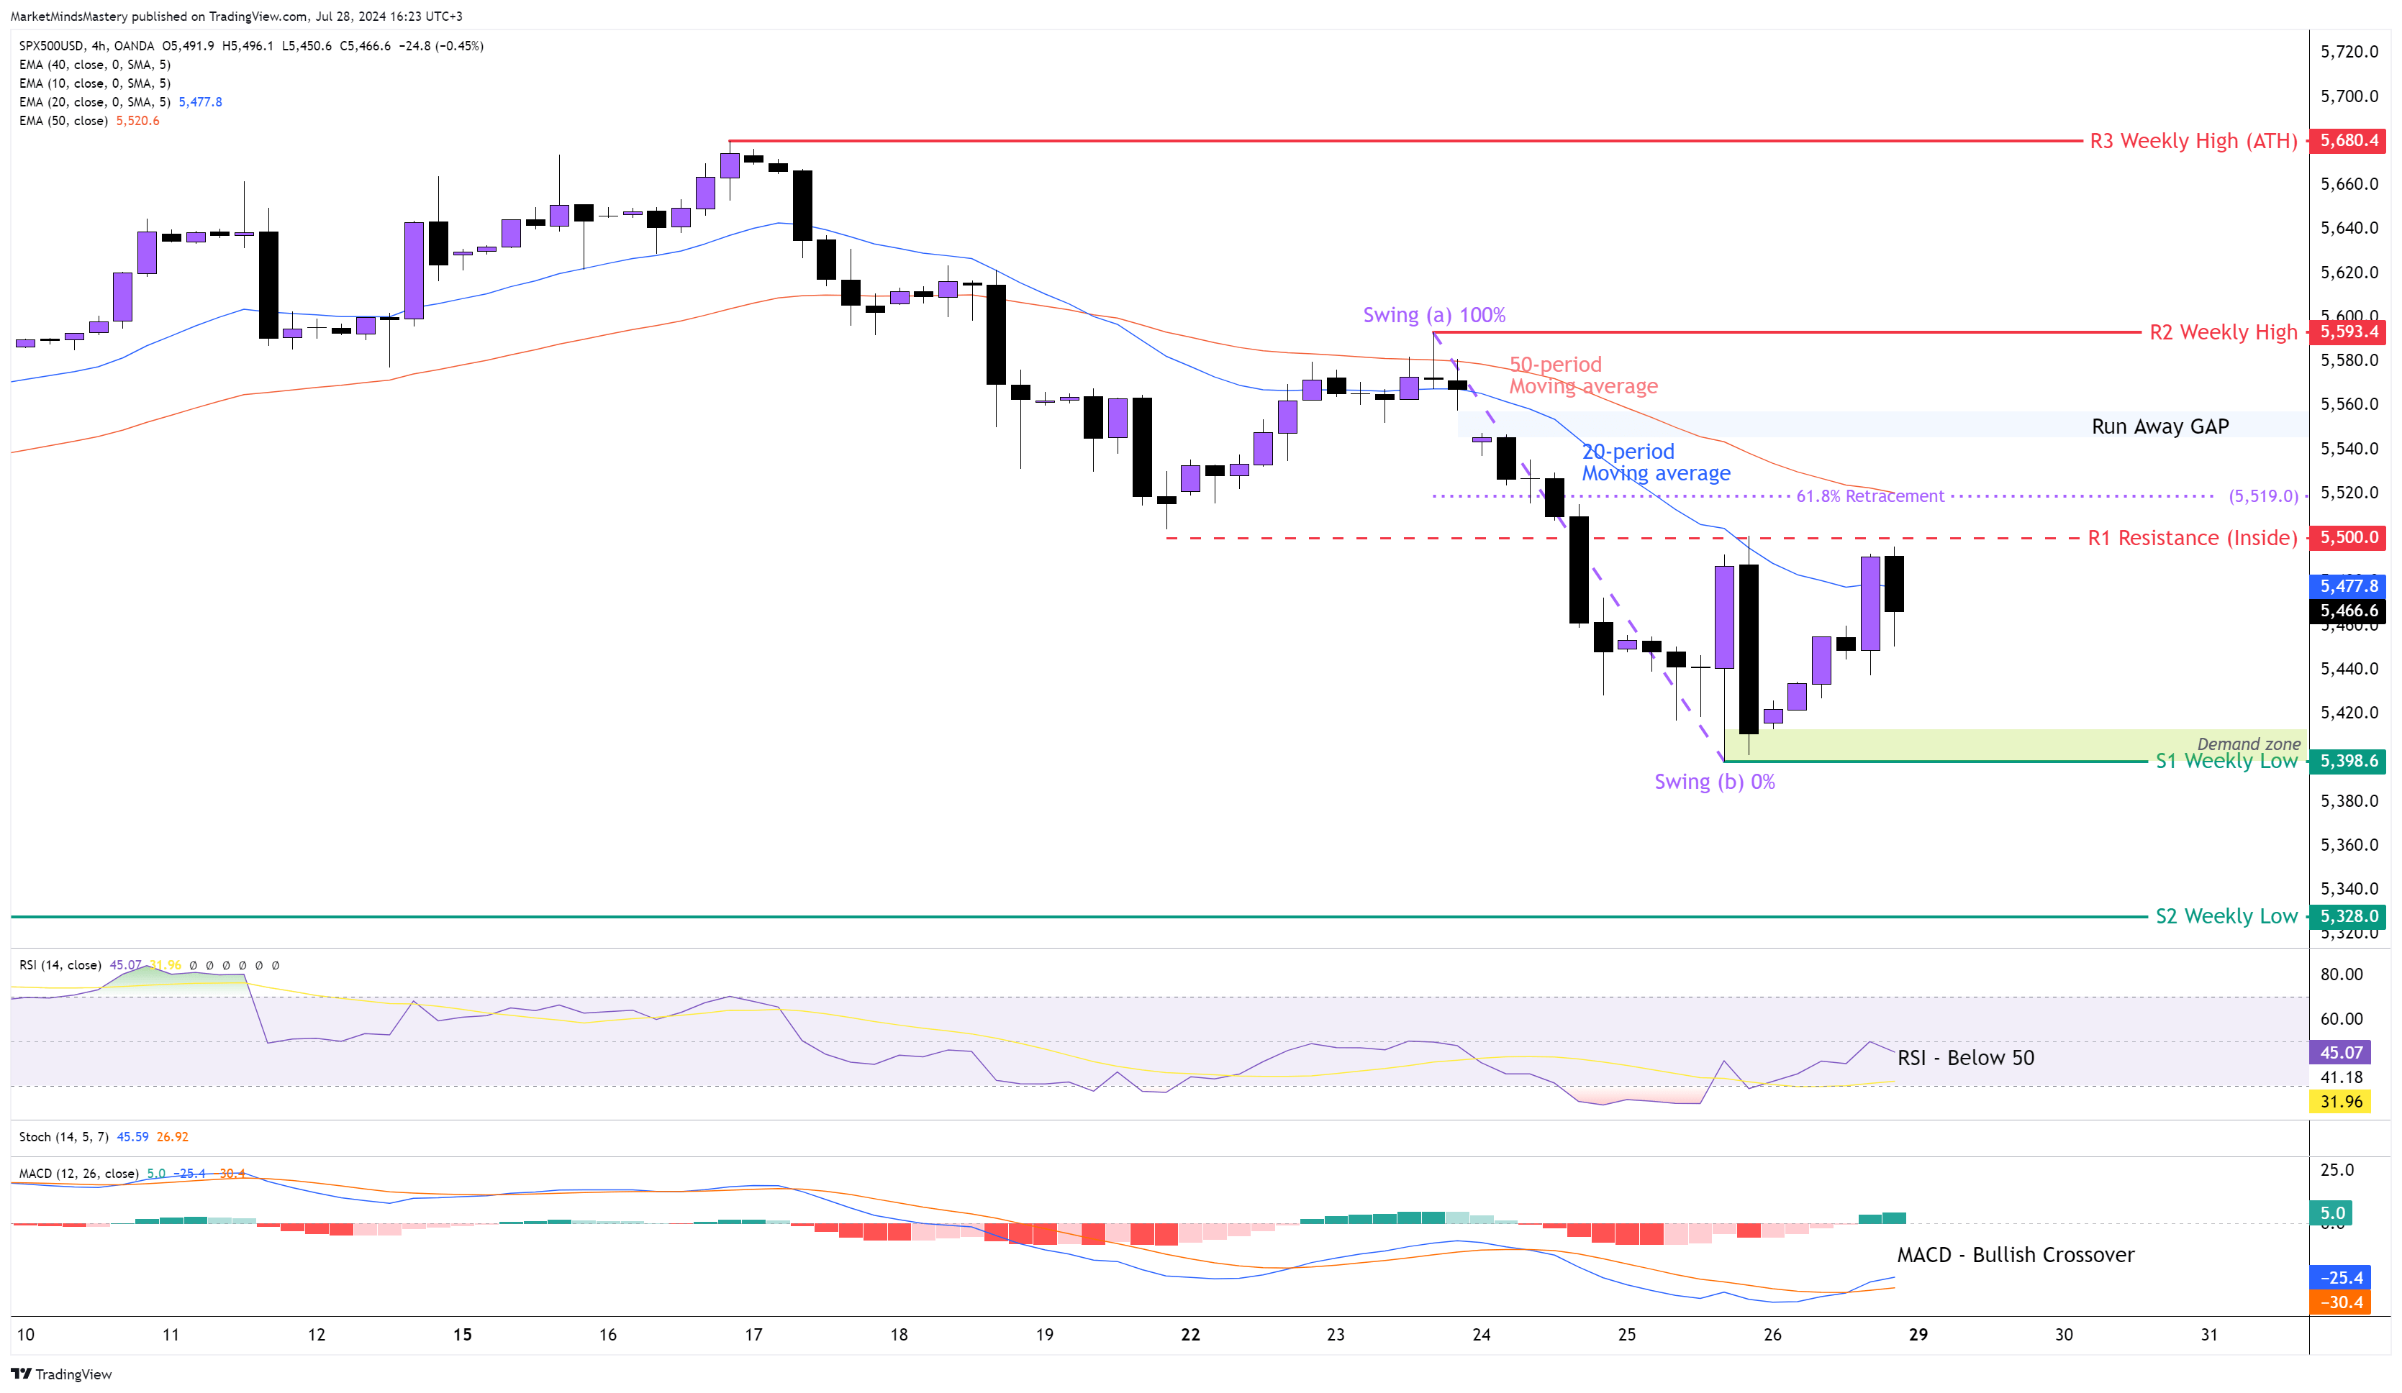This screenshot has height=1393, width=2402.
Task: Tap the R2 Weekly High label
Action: [2223, 332]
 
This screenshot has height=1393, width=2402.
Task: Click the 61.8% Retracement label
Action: [1870, 495]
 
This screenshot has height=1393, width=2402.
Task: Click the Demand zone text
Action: [2247, 743]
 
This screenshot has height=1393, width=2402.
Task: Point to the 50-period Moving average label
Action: [1582, 375]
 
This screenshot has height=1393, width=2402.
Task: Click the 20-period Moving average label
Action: [1656, 462]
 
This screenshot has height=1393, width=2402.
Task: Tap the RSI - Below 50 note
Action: [1965, 1058]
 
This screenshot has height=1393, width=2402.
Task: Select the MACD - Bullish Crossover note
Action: [2015, 1255]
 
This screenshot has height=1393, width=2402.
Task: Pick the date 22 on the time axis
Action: [1189, 1335]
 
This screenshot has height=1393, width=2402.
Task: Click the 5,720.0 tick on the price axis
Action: [2349, 52]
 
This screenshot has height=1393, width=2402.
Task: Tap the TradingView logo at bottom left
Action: [61, 1374]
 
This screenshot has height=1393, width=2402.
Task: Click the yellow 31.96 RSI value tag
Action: [2341, 1102]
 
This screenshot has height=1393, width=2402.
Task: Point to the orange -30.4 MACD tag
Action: [2341, 1302]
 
